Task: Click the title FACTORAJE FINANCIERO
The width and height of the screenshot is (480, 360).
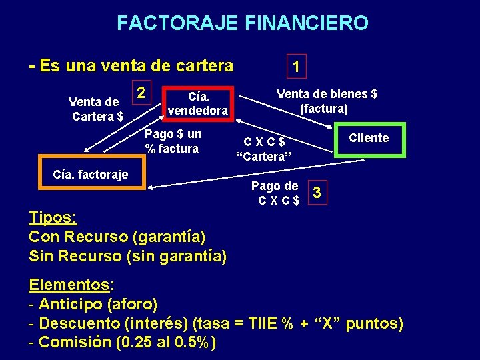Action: (242, 23)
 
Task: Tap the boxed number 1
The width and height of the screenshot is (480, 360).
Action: (296, 66)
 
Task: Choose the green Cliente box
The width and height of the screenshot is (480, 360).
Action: (369, 139)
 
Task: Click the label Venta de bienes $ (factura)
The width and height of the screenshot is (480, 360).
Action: (327, 101)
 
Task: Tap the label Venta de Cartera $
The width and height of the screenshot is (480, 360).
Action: (97, 109)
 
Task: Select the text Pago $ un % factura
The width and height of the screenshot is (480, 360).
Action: (173, 141)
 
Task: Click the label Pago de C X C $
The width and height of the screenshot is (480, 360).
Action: (274, 193)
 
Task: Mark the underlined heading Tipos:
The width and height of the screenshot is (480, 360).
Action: (53, 218)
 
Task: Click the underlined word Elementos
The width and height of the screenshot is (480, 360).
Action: (69, 285)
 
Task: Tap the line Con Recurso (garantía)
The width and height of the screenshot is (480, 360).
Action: (117, 236)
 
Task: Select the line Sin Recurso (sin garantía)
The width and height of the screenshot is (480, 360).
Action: (128, 255)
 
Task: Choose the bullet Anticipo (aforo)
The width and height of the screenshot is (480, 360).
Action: (98, 305)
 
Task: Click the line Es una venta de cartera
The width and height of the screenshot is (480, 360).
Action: (131, 65)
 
